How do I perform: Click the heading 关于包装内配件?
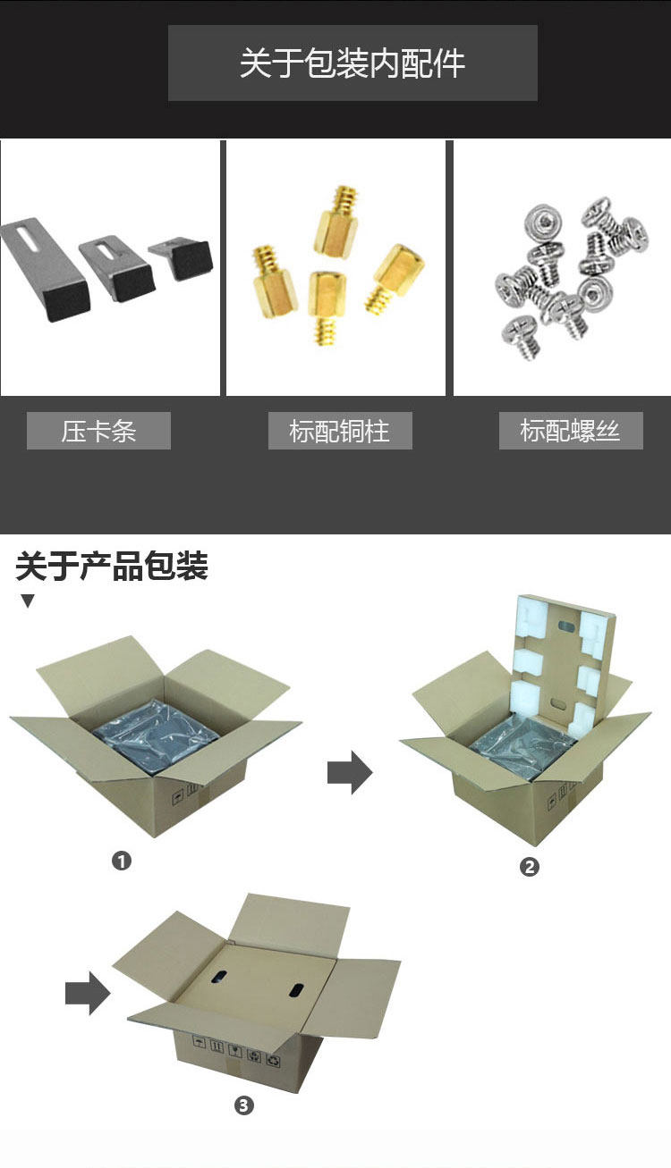352,63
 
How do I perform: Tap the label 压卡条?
98,432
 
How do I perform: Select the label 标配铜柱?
340,432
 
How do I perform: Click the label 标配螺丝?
571,432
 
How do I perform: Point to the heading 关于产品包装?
112,567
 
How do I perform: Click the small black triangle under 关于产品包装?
28,601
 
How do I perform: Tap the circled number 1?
122,861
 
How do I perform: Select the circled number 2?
530,866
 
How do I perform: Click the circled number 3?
244,1105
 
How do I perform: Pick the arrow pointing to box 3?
88,993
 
